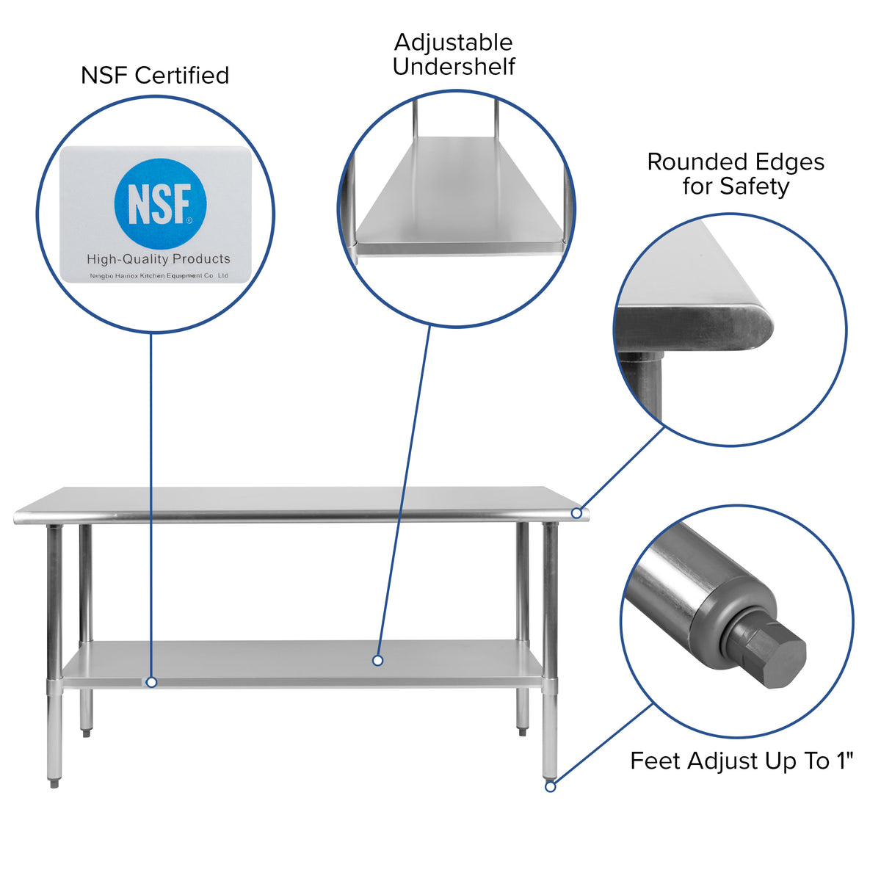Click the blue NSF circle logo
pyautogui.click(x=160, y=203)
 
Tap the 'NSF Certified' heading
pyautogui.click(x=155, y=75)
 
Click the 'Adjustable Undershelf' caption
pyautogui.click(x=454, y=54)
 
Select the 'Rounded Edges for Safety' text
pyautogui.click(x=736, y=174)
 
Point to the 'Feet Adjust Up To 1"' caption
pyautogui.click(x=742, y=761)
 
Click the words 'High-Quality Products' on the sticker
pyautogui.click(x=159, y=258)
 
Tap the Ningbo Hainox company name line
pyautogui.click(x=159, y=275)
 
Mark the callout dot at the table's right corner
pyautogui.click(x=576, y=513)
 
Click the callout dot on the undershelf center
pyautogui.click(x=377, y=660)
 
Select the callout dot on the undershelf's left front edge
pyautogui.click(x=151, y=682)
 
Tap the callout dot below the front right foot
pyautogui.click(x=550, y=786)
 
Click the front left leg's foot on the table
pyautogui.click(x=55, y=783)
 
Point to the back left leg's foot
pyautogui.click(x=87, y=731)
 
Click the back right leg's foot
pyautogui.click(x=522, y=731)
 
